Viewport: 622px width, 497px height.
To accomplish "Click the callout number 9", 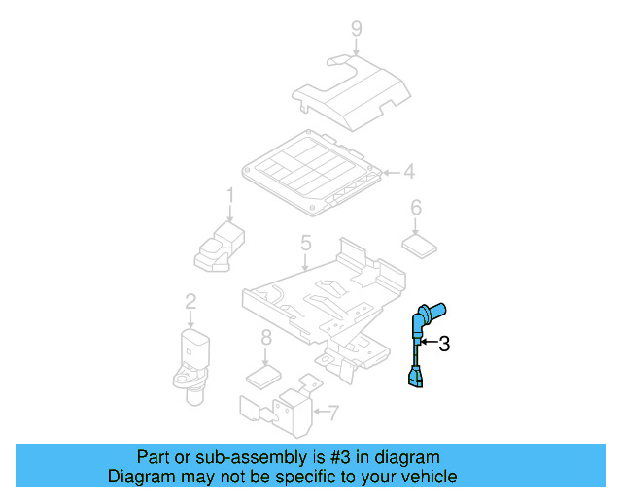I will coord(357,28).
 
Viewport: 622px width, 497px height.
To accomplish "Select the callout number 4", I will coord(409,172).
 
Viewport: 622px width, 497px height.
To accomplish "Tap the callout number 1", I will coord(231,197).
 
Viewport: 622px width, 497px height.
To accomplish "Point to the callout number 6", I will coord(416,208).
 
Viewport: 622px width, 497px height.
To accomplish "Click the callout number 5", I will coord(305,244).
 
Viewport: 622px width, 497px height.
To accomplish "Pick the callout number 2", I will coord(190,303).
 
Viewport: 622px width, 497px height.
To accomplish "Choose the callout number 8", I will coord(265,339).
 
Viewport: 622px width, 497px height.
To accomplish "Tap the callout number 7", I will coord(333,414).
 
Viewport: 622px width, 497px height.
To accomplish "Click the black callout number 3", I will coord(444,343).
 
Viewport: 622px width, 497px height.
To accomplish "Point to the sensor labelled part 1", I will coord(219,245).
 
